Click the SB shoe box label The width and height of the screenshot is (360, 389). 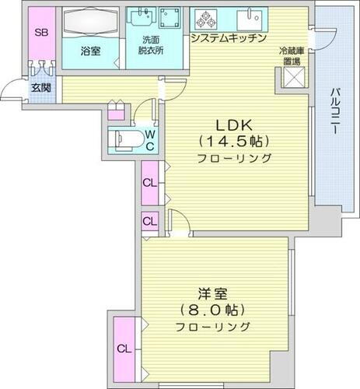pyautogui.click(x=38, y=33)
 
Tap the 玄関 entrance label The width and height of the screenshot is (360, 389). pyautogui.click(x=39, y=88)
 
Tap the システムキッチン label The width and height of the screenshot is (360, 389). pyautogui.click(x=229, y=38)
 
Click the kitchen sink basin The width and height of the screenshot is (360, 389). pyautogui.click(x=253, y=17)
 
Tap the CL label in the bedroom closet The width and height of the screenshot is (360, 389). pyautogui.click(x=123, y=348)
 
